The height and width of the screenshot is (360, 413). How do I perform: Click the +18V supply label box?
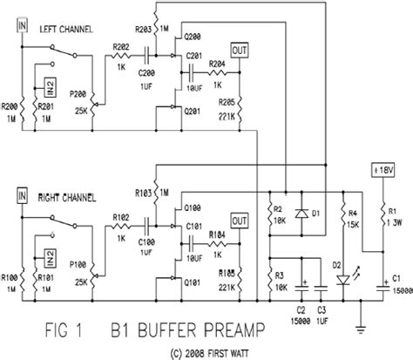click(x=381, y=170)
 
